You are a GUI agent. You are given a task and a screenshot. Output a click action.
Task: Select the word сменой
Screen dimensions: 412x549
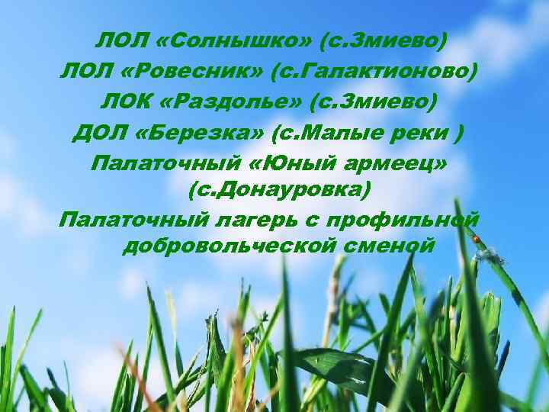(389, 246)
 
